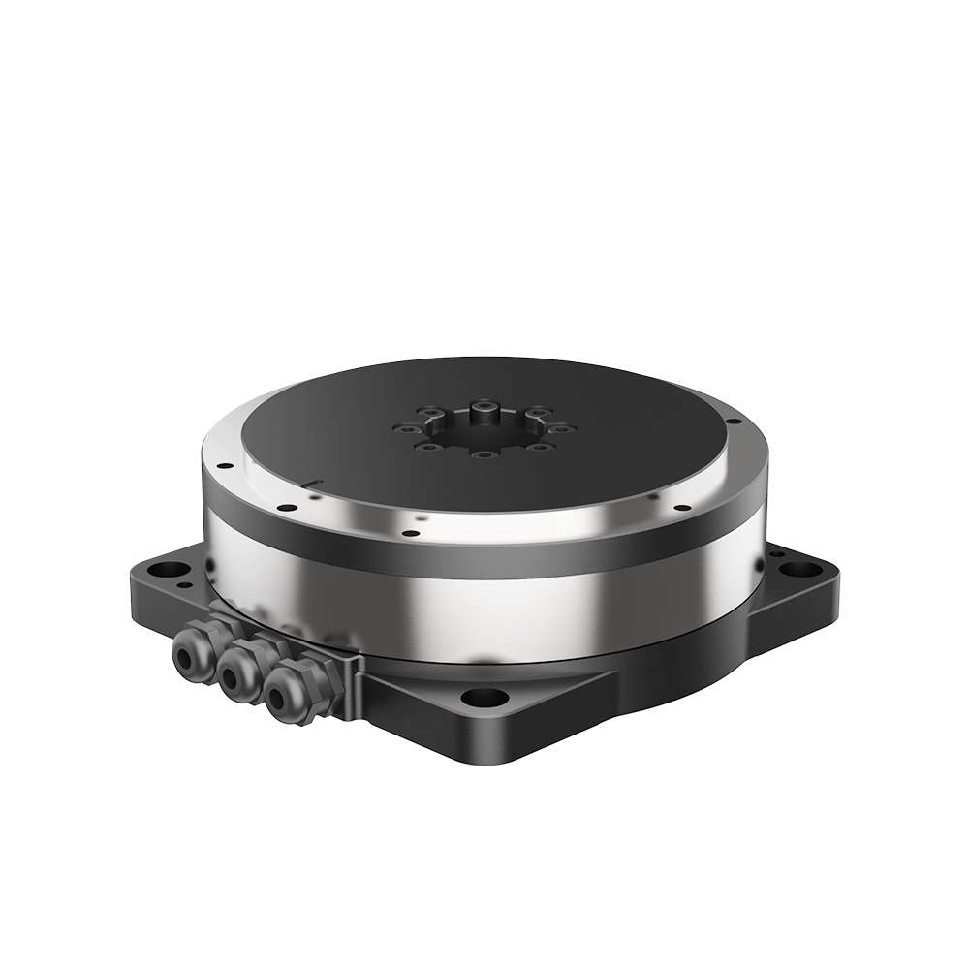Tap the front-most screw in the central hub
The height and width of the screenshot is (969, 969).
click(x=484, y=453)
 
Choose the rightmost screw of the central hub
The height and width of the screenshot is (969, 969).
click(x=568, y=427)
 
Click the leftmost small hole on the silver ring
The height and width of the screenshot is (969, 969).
click(x=224, y=465)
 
